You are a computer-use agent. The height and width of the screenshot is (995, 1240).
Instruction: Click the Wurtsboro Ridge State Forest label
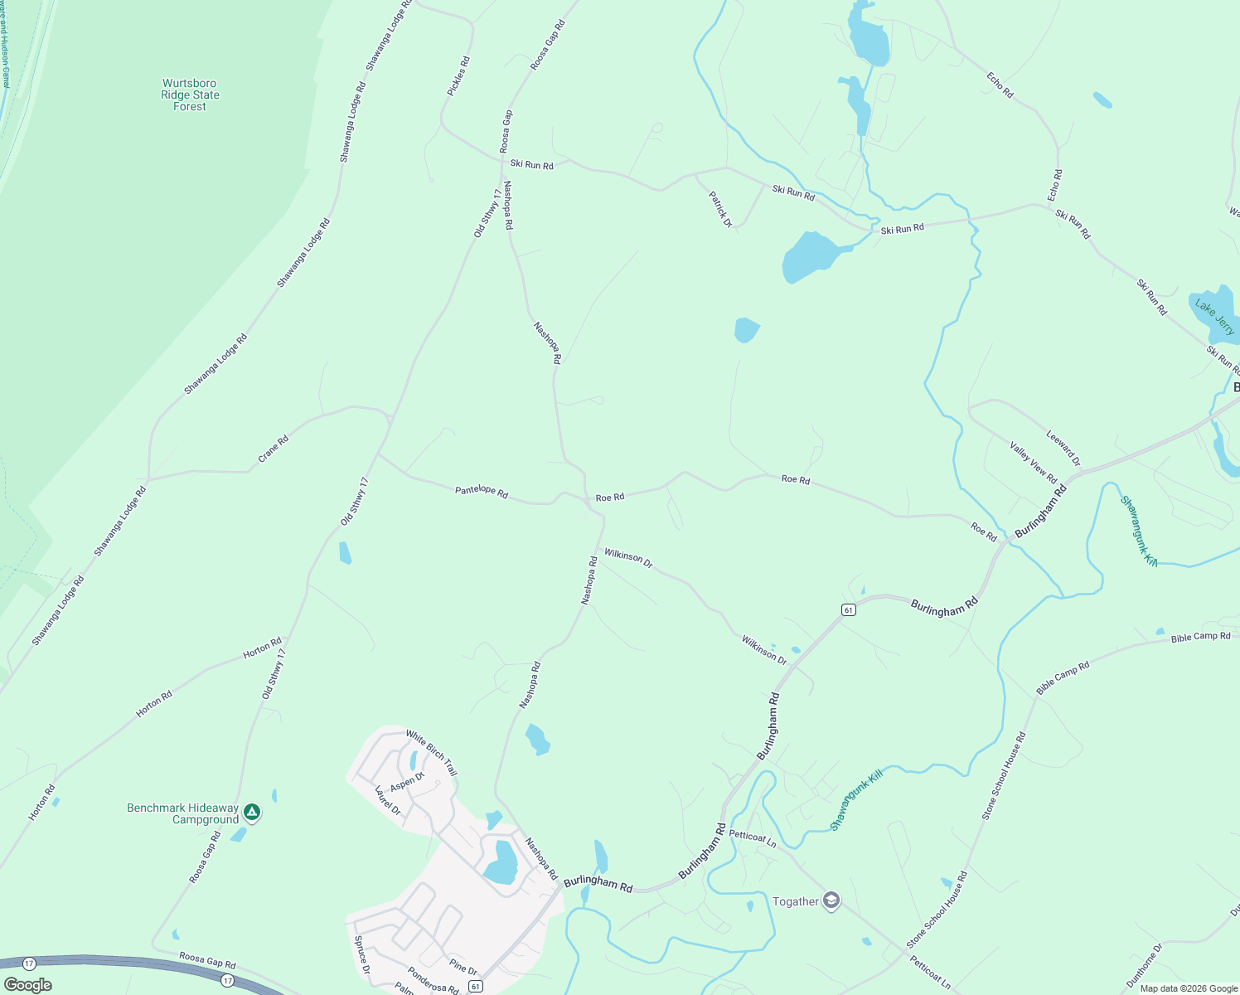190,95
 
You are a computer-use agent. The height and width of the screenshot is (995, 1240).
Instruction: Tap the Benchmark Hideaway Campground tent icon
253,813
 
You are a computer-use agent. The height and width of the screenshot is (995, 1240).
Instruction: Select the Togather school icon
831,901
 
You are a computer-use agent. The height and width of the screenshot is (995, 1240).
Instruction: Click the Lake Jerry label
1215,318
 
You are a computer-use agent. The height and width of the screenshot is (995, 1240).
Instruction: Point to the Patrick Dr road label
720,209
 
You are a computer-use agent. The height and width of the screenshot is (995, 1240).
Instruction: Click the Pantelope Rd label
481,491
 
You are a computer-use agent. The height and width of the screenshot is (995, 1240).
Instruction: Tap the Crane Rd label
273,449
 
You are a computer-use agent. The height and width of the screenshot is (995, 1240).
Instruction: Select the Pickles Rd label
458,75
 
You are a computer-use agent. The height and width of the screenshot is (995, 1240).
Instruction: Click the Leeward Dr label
1063,448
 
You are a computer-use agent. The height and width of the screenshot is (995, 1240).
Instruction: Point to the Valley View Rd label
1033,463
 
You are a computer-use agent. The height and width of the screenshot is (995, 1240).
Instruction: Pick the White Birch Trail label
431,752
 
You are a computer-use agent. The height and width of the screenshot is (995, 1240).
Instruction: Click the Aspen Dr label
407,780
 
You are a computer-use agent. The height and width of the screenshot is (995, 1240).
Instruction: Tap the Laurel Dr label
388,800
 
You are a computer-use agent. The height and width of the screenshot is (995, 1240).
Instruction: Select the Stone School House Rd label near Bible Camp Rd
1004,776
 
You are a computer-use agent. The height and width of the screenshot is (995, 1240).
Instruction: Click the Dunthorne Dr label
1144,965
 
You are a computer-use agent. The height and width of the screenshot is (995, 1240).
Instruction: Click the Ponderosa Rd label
433,979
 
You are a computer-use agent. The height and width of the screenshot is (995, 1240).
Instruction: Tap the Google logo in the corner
28,985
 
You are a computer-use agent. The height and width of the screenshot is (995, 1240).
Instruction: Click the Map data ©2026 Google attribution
1188,988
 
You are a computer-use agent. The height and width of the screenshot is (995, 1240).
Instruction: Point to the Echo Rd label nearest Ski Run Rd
1054,186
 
